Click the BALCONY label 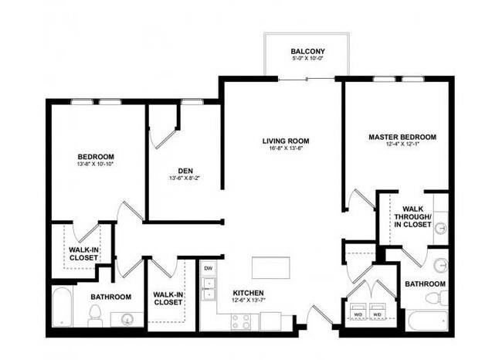307,52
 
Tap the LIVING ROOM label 285,141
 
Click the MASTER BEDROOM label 402,137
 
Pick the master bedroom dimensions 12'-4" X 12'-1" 402,144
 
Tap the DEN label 184,171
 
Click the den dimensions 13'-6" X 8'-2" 184,178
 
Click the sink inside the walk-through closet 440,228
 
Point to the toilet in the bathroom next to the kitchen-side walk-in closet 96,314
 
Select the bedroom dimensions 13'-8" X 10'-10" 96,165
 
